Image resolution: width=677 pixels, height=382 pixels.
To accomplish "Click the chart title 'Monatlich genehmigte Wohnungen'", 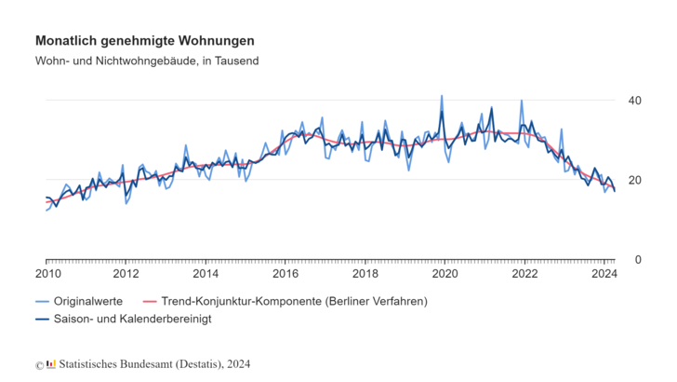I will pyautogui.click(x=144, y=42).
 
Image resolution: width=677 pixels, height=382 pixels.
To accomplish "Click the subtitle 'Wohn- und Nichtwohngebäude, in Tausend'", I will pyautogui.click(x=147, y=61).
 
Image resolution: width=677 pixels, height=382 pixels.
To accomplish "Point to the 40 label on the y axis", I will pyautogui.click(x=636, y=100).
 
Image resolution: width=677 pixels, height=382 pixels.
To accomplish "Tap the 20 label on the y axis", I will pyautogui.click(x=636, y=180).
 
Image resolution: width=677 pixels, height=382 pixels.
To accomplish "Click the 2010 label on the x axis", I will pyautogui.click(x=46, y=274).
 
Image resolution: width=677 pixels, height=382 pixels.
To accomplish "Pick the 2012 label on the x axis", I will pyautogui.click(x=126, y=274).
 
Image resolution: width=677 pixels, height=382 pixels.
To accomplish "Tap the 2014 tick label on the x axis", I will pyautogui.click(x=206, y=274).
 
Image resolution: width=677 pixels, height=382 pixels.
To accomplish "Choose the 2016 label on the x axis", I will pyautogui.click(x=285, y=274).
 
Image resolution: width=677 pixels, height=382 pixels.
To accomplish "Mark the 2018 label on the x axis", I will pyautogui.click(x=365, y=274).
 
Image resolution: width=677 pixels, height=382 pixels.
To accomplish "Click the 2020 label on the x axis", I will pyautogui.click(x=445, y=274).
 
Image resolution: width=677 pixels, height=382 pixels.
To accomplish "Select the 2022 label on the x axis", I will pyautogui.click(x=524, y=274).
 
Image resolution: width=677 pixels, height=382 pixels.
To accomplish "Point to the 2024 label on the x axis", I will pyautogui.click(x=604, y=274).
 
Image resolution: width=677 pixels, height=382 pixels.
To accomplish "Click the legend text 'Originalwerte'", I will pyautogui.click(x=88, y=302).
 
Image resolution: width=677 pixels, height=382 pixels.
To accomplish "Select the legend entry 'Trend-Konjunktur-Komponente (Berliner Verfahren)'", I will pyautogui.click(x=294, y=302).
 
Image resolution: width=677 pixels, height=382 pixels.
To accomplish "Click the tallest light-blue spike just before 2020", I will pyautogui.click(x=441, y=96).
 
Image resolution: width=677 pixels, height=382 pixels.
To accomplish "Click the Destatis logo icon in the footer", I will pyautogui.click(x=51, y=364).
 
